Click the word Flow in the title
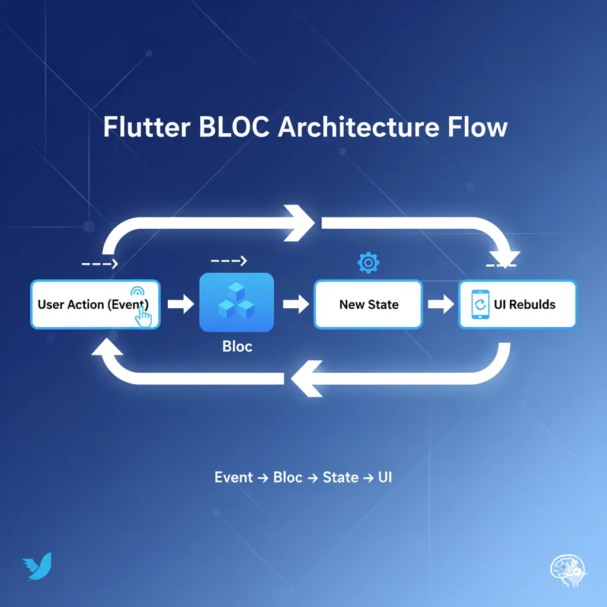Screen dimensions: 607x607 point(478,128)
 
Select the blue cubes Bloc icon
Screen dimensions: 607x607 point(237,302)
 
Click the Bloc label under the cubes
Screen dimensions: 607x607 point(237,346)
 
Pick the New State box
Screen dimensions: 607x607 point(368,305)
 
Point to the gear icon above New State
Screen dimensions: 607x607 point(368,262)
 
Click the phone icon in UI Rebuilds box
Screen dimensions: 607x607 point(480,305)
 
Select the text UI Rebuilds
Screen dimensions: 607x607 point(525,305)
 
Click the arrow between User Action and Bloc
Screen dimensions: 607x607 point(180,305)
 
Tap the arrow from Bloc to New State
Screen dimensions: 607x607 point(295,305)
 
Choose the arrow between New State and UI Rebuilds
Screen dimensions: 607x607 point(440,305)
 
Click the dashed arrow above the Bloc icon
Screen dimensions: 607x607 point(228,260)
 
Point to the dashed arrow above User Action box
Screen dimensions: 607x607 point(100,263)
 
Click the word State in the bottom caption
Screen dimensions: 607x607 point(340,477)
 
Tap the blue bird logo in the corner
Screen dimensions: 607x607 point(37,566)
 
